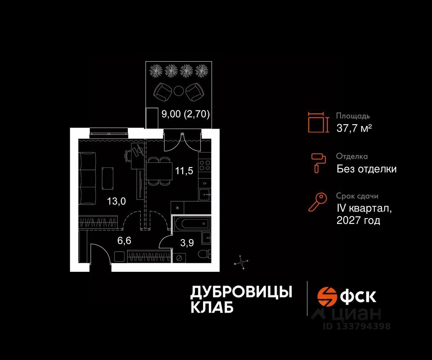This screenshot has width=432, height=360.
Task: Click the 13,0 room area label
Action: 116,201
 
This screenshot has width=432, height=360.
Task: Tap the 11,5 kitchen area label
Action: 184,171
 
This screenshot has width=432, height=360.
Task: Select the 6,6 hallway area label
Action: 124,241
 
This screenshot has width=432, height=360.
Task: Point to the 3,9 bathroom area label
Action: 187,243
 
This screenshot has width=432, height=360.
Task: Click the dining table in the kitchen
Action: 159,170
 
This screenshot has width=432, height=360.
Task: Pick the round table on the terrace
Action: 178,91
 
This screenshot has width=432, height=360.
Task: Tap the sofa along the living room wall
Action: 87,178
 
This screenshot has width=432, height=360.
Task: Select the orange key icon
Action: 318,202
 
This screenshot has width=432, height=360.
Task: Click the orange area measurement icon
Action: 318,122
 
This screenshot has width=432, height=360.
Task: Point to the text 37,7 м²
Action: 354,128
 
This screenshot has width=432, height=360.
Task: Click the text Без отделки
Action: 366,168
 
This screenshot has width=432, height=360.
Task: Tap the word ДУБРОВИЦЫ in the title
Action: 241,292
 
